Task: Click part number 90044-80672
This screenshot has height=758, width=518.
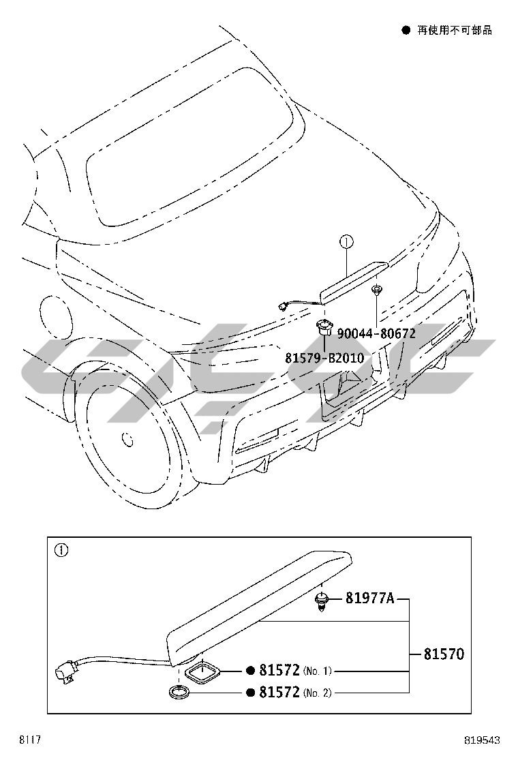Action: [376, 333]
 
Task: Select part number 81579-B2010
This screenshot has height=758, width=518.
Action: [324, 359]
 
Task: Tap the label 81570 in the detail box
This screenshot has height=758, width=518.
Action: [444, 654]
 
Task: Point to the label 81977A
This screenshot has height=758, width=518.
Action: [369, 598]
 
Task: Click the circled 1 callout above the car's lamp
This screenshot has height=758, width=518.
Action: [346, 240]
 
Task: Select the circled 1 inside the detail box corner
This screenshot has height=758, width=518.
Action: [61, 550]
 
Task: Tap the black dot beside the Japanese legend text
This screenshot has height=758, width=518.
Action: [406, 31]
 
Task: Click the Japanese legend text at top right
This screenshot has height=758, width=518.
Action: [455, 31]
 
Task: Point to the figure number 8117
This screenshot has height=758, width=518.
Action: [29, 740]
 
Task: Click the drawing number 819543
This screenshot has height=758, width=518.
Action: [482, 740]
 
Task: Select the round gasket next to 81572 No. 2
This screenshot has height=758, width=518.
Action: [179, 692]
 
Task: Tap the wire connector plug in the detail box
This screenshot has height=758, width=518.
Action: [65, 672]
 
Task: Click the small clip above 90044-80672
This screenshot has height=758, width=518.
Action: [376, 291]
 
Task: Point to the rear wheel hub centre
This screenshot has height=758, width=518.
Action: [127, 439]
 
